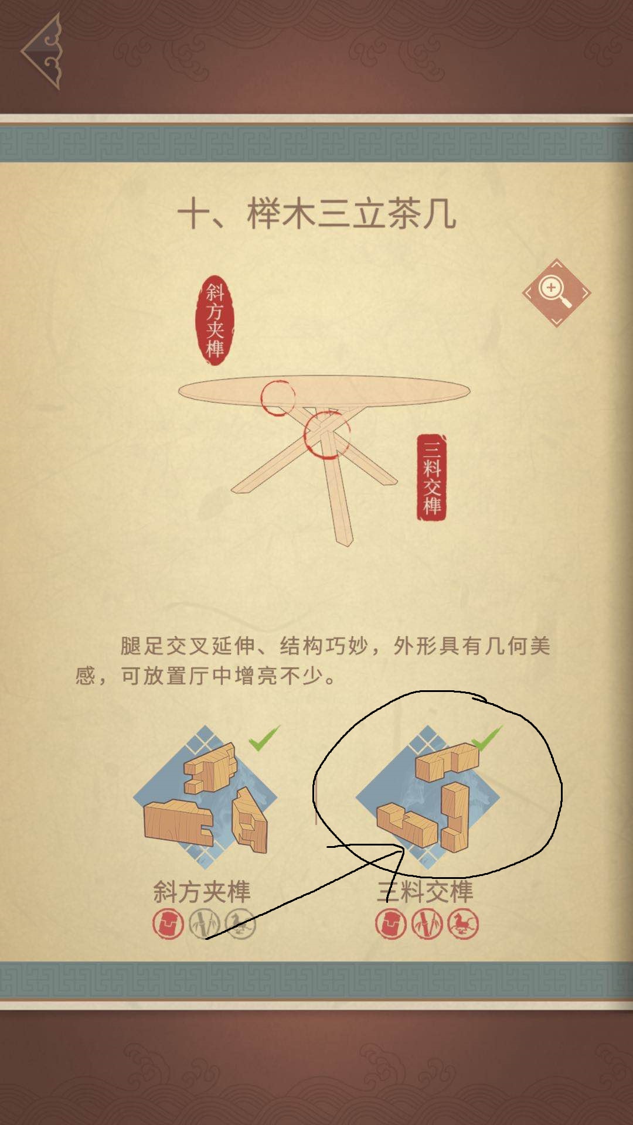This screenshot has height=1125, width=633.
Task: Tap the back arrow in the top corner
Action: [42, 52]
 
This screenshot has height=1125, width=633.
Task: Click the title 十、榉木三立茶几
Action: [316, 214]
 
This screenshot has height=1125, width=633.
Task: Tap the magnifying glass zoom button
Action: [556, 292]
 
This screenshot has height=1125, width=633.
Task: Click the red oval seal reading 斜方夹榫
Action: [215, 321]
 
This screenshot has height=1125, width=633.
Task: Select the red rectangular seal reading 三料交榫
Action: [431, 477]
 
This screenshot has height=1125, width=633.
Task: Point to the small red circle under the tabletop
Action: [278, 397]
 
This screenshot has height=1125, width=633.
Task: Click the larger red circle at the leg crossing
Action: [326, 435]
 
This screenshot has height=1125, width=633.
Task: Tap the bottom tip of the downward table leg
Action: [346, 543]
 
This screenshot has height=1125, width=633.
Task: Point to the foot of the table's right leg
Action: [390, 480]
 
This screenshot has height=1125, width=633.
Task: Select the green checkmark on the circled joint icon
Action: [487, 738]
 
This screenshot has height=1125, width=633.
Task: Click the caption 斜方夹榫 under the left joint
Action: [202, 892]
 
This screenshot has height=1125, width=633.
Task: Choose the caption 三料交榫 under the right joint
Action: [425, 892]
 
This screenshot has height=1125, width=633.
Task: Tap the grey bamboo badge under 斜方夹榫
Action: [204, 925]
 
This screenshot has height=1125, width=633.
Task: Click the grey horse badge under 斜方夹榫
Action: [240, 925]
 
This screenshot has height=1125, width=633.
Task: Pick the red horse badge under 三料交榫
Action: [463, 925]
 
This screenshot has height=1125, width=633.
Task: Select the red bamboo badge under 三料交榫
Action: [427, 925]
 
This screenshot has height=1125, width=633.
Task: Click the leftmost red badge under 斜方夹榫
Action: [168, 925]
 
